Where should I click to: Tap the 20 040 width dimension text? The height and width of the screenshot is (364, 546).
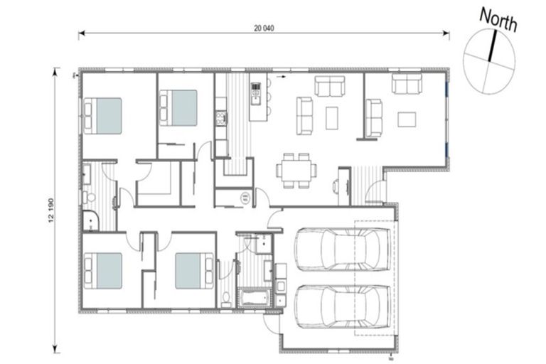[264, 29]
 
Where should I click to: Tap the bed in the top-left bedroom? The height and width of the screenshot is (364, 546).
[104, 115]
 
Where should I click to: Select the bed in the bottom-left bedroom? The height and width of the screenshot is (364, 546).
[104, 271]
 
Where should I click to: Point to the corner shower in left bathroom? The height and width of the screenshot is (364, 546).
[91, 221]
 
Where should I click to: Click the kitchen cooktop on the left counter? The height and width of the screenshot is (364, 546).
[220, 117]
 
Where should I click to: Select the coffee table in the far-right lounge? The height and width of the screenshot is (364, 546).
[406, 119]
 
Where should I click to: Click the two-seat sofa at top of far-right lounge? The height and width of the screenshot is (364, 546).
[407, 85]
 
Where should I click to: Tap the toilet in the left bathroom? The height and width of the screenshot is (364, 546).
[87, 196]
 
